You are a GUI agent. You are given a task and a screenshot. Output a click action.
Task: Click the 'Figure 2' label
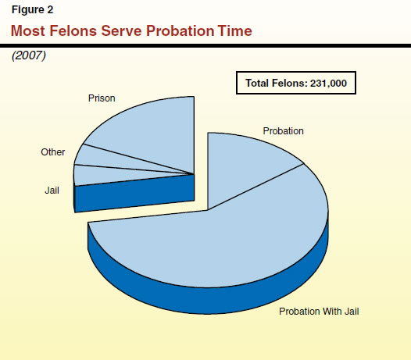tap(30, 11)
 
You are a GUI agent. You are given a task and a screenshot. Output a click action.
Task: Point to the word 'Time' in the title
tap(234, 30)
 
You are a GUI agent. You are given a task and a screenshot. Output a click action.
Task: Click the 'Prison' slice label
tap(102, 99)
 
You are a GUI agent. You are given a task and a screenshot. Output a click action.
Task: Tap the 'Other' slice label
tap(53, 152)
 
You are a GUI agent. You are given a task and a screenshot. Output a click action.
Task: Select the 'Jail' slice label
tap(52, 189)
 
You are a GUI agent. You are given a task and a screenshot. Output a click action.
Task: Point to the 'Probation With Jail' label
tap(319, 312)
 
